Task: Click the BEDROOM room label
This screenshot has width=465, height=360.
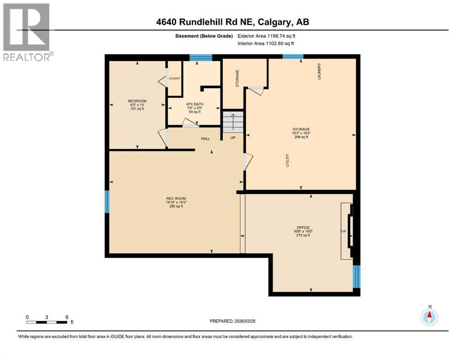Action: (x=137, y=101)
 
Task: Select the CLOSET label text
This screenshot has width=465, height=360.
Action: (x=174, y=78)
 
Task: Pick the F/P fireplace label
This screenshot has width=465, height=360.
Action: (x=342, y=232)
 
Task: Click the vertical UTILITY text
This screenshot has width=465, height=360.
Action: (x=288, y=160)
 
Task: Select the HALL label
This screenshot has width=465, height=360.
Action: (x=206, y=139)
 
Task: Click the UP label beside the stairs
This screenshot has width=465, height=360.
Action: (x=233, y=138)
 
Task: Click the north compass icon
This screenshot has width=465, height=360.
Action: (x=429, y=317)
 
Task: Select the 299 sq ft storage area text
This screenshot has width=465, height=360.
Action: (x=300, y=137)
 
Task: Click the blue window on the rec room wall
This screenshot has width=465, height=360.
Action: (x=107, y=201)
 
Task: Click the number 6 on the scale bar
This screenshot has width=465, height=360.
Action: (x=66, y=316)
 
